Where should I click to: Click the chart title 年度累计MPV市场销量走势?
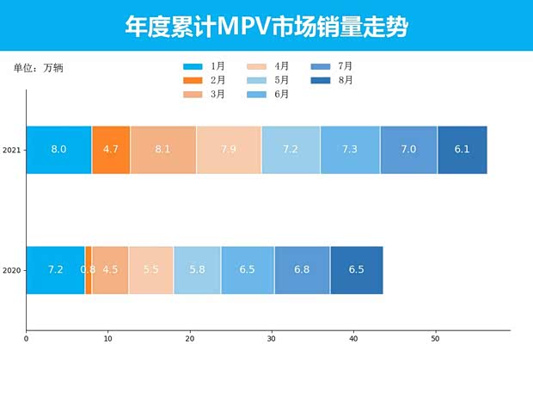266,27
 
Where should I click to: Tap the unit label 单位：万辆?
38,69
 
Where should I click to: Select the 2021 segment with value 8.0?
58,150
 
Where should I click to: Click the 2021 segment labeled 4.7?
111,150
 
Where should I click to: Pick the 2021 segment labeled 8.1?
162,150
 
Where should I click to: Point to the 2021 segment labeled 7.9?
229,150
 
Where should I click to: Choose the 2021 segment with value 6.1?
462,150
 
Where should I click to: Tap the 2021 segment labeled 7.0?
408,150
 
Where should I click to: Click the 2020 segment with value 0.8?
88,270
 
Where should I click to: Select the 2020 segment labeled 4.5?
110,270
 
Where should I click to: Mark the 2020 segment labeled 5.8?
197,270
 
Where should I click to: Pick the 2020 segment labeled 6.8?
302,270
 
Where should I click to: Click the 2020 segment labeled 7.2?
55,270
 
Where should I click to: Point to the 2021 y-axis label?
11,151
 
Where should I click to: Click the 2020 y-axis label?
11,271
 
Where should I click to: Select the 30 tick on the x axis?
272,339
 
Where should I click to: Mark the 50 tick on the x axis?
435,339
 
